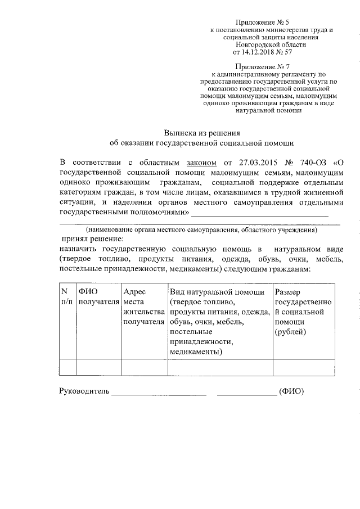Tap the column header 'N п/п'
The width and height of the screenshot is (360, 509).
click(67, 296)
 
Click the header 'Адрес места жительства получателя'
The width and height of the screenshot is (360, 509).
click(143, 307)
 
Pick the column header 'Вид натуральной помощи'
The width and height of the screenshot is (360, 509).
click(220, 292)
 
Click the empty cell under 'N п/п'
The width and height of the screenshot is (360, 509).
click(67, 367)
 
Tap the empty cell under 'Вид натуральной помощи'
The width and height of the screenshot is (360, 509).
click(220, 367)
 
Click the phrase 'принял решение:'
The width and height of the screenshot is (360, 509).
click(92, 238)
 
